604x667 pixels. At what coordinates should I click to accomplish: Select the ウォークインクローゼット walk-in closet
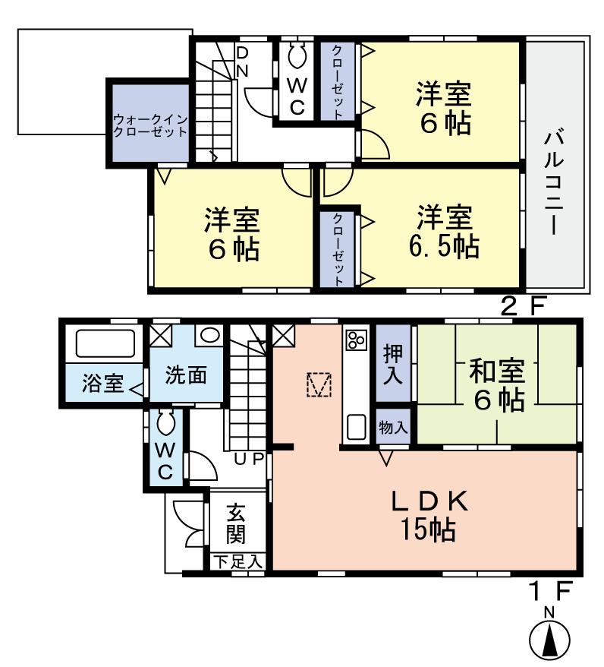click(149, 125)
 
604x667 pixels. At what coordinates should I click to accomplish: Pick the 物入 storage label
click(393, 427)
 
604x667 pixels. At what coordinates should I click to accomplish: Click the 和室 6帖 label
click(496, 385)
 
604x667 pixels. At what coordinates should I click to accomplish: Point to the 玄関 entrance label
click(236, 524)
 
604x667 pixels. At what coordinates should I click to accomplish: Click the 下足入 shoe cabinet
click(237, 563)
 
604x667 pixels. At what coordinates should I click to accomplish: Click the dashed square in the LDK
click(319, 384)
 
